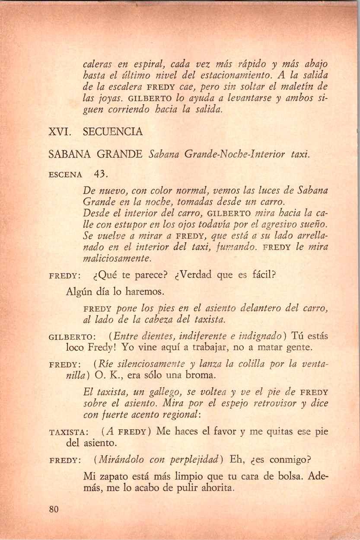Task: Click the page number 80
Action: point(54,509)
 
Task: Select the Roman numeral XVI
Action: point(59,132)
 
